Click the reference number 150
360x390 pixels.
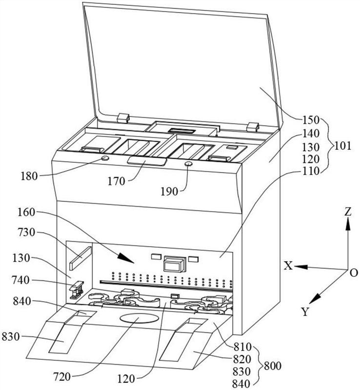(311, 120)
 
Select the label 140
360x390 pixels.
(311, 134)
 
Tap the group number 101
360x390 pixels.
(342, 146)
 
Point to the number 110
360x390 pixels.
(311, 171)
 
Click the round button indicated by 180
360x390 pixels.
(105, 158)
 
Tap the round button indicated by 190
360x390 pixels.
(188, 164)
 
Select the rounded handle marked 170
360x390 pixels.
(147, 161)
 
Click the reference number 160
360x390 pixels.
(26, 213)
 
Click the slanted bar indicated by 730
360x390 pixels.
(81, 258)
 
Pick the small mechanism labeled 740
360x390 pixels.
(76, 290)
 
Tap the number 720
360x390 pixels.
(62, 377)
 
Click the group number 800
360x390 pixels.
(273, 366)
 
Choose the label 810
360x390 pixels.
(242, 347)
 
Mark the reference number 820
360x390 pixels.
(242, 359)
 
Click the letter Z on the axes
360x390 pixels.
(348, 212)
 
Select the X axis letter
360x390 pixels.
(288, 266)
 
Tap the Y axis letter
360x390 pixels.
(305, 312)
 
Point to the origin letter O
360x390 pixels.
(354, 273)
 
